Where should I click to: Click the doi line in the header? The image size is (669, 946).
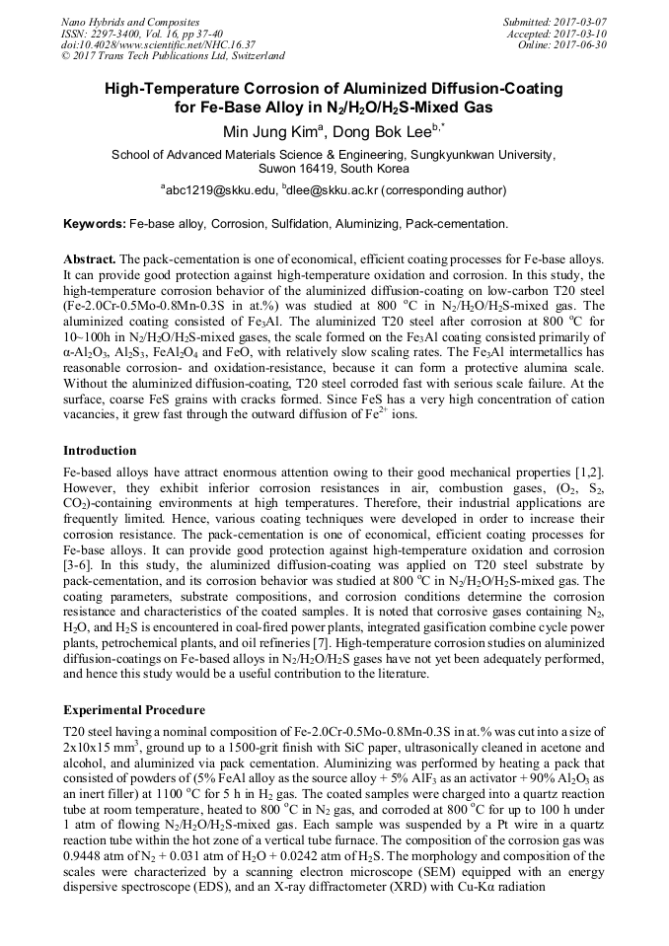158,45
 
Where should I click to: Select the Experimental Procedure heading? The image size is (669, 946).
134,709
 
